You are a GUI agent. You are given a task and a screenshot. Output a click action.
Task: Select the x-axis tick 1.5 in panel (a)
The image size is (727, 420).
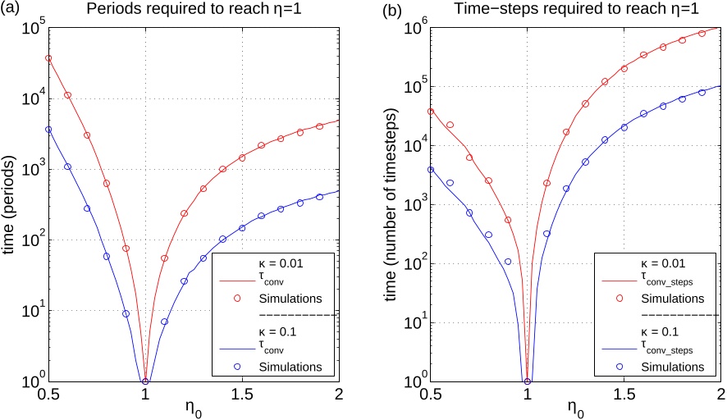(x=242, y=394)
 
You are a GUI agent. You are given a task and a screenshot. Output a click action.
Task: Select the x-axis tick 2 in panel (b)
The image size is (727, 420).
(x=720, y=394)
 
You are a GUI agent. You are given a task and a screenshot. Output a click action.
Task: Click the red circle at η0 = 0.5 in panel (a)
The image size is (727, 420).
(x=48, y=58)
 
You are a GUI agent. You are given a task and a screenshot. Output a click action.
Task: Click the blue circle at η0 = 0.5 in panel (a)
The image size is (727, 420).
(x=48, y=130)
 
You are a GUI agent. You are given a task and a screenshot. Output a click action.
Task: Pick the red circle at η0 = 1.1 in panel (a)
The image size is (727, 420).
(x=164, y=258)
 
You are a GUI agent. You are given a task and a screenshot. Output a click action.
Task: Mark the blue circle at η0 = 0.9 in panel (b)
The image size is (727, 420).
(x=508, y=262)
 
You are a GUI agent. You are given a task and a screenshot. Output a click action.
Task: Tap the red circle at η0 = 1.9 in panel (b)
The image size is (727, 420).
(x=702, y=34)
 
